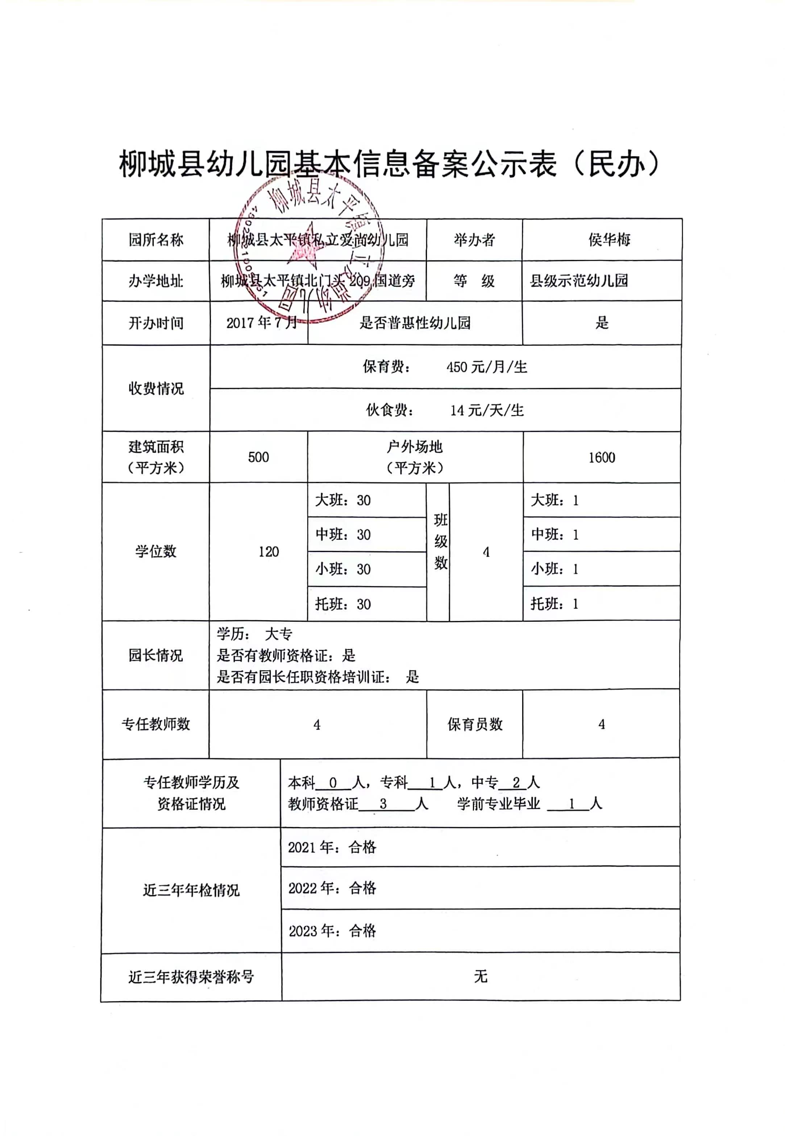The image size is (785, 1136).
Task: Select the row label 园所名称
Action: pyautogui.click(x=156, y=240)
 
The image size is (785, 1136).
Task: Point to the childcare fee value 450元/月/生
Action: pyautogui.click(x=486, y=367)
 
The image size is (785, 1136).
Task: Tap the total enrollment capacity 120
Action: pyautogui.click(x=269, y=552)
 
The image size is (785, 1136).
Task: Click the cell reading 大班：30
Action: pyautogui.click(x=343, y=501)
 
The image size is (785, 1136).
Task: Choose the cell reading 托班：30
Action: pyautogui.click(x=343, y=604)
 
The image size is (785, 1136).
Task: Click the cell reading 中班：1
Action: pyautogui.click(x=555, y=535)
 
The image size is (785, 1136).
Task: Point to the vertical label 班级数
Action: pyautogui.click(x=440, y=542)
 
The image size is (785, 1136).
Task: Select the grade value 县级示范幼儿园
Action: pyautogui.click(x=579, y=281)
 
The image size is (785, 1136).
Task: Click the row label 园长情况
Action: pyautogui.click(x=155, y=655)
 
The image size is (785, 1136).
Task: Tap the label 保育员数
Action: pyautogui.click(x=475, y=724)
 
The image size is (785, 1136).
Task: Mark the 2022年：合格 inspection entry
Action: pyautogui.click(x=332, y=888)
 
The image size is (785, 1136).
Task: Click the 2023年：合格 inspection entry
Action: pyautogui.click(x=332, y=931)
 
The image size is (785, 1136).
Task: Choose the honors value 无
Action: pyautogui.click(x=481, y=976)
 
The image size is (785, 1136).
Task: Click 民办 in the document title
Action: pyautogui.click(x=616, y=164)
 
